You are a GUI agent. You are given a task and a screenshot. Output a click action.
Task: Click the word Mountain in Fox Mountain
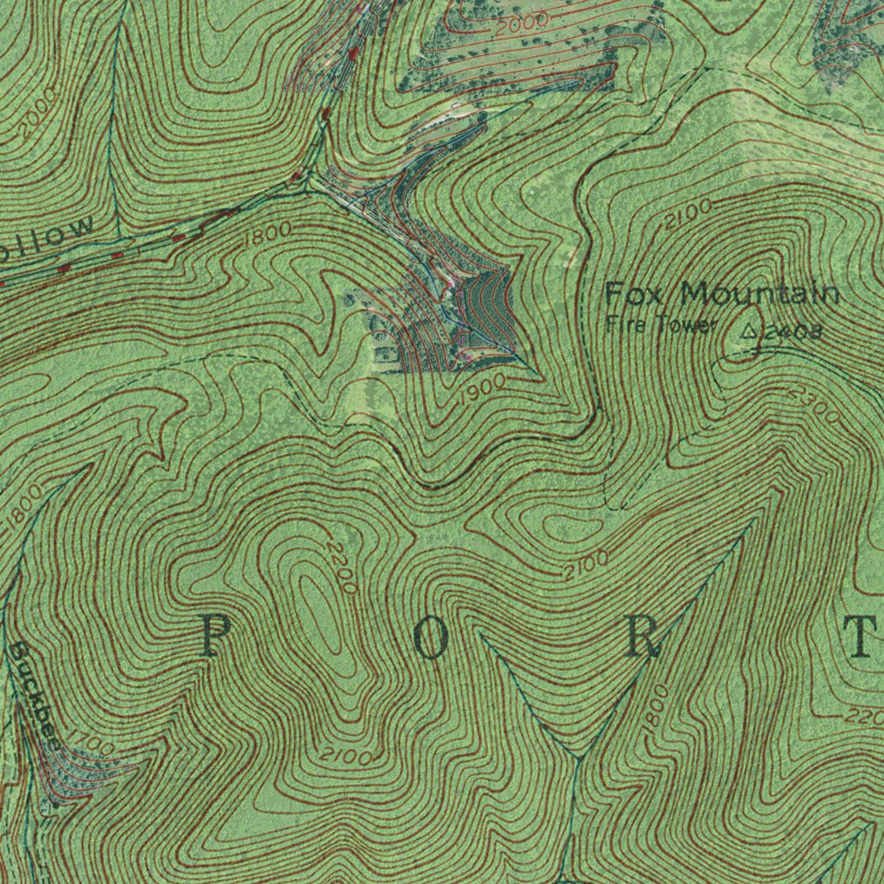point(760,294)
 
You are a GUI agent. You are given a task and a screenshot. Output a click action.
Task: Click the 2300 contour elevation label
point(814,404)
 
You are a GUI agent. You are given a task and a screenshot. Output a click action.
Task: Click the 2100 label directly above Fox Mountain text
point(688,214)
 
